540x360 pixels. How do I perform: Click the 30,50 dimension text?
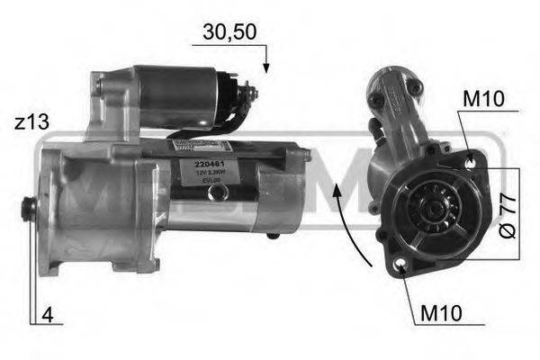228,31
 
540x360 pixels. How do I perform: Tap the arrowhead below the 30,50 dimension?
266,67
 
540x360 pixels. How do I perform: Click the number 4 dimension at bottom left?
46,315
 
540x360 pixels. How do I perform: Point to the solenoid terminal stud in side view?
251,93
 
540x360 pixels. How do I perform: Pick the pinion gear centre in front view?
429,212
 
